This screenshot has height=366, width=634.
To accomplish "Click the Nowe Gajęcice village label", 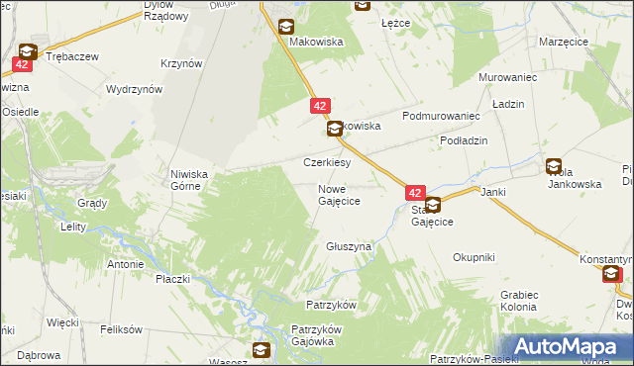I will tap(339, 195).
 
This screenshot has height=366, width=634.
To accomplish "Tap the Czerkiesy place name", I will tap(326, 162).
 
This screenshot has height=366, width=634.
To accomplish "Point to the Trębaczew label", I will tap(72, 57).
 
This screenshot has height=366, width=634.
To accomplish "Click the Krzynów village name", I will tap(181, 63).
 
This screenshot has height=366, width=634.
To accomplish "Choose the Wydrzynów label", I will tap(135, 89).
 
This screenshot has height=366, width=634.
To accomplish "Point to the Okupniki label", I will tap(474, 257).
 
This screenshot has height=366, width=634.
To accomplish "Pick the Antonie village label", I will tap(125, 264).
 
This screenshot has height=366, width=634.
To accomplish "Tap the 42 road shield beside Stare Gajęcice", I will tap(415, 194).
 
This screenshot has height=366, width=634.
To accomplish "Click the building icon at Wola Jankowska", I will tap(553, 167).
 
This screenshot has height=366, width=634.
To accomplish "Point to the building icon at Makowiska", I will tap(286, 27).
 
